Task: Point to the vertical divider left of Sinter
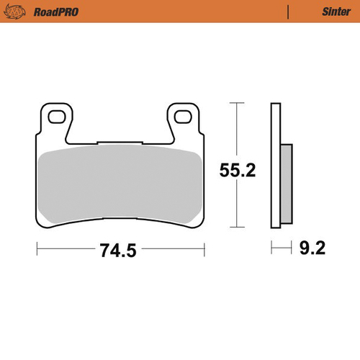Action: click(288, 12)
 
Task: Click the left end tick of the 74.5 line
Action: click(36, 250)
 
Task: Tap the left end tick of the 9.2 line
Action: click(271, 250)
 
